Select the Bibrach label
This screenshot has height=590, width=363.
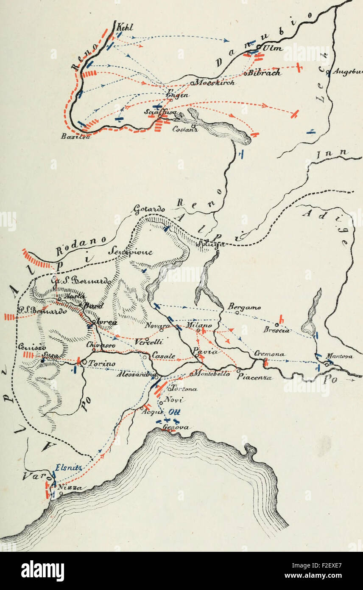tap(265, 73)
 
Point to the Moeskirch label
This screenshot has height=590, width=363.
tap(215, 83)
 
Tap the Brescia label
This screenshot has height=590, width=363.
tap(276, 330)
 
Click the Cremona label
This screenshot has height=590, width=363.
tap(270, 354)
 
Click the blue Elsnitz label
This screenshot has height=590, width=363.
tap(66, 468)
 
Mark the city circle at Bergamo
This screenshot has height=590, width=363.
tap(237, 312)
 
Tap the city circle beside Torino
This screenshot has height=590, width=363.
tap(84, 363)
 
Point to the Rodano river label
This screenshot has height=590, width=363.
tap(76, 247)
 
